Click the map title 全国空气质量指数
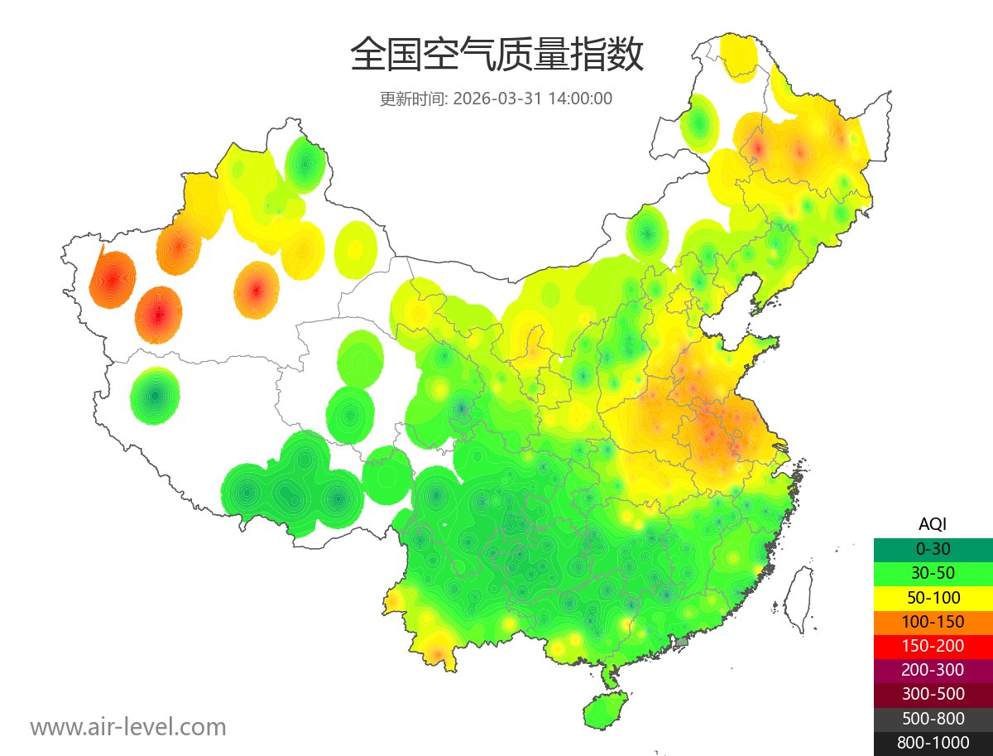pyautogui.click(x=496, y=55)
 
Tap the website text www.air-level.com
pyautogui.click(x=128, y=727)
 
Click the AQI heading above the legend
pyautogui.click(x=933, y=524)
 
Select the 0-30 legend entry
pyautogui.click(x=933, y=548)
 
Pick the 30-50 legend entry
pyautogui.click(x=933, y=572)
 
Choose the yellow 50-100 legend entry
pyautogui.click(x=933, y=597)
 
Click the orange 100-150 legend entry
pyautogui.click(x=933, y=621)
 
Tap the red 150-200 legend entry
pyautogui.click(x=933, y=645)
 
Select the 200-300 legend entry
pyautogui.click(x=933, y=669)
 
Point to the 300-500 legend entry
pyautogui.click(x=933, y=694)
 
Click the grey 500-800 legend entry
pyautogui.click(x=933, y=719)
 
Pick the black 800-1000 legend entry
pyautogui.click(x=933, y=743)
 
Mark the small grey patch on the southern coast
pyautogui.click(x=681, y=641)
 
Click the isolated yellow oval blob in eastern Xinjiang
pyautogui.click(x=356, y=248)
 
